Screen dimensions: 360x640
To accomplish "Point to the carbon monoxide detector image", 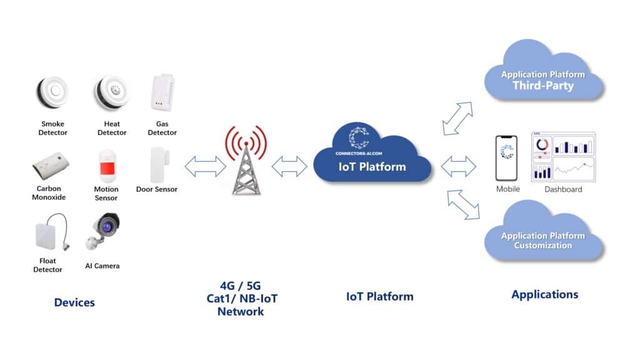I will [50, 165].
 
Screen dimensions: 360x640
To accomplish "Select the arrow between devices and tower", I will [205, 166].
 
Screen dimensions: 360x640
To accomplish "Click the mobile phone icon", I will [507, 158].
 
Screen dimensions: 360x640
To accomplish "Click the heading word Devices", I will [74, 302].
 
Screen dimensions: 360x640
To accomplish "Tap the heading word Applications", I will [544, 294].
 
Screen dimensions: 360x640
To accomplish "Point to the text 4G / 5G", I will [241, 286].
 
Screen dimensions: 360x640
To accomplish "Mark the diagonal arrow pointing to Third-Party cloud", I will [457, 118].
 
